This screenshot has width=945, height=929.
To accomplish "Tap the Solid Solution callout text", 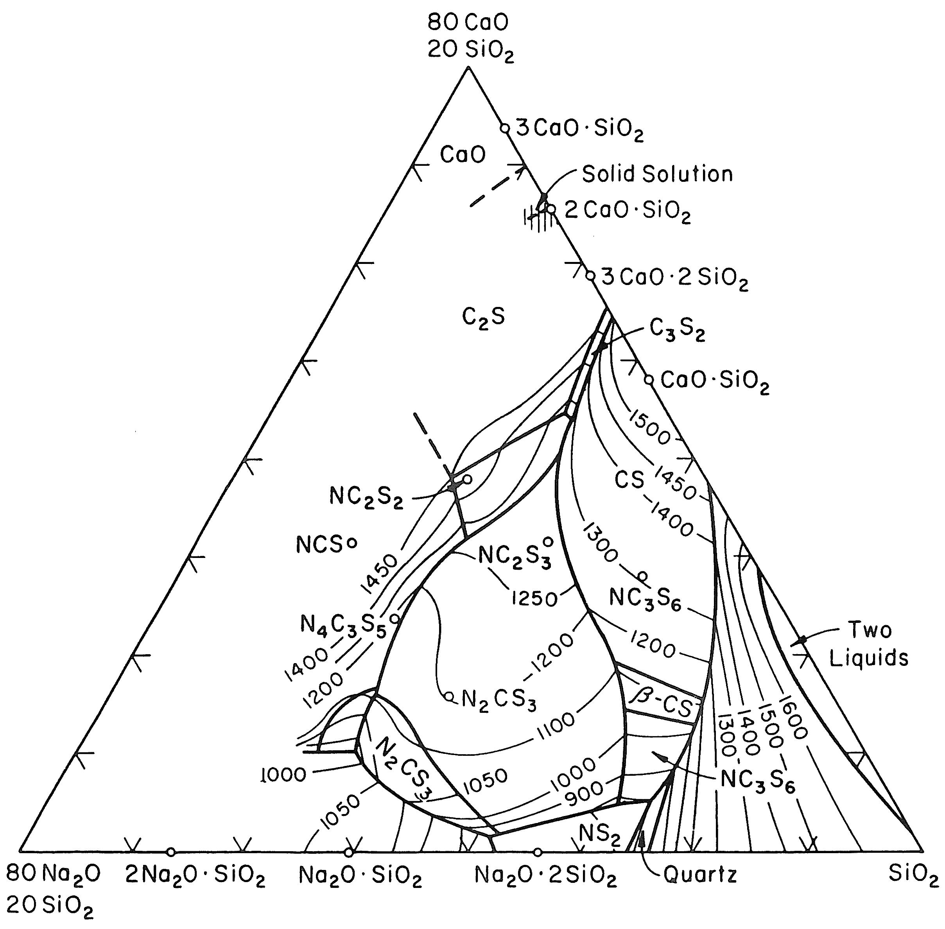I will (x=657, y=174).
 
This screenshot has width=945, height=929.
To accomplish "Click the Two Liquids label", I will (x=869, y=644).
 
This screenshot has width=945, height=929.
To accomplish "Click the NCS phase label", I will (x=319, y=545).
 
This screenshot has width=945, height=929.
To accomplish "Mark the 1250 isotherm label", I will (x=534, y=598).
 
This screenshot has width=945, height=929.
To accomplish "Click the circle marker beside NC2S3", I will (x=548, y=541).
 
